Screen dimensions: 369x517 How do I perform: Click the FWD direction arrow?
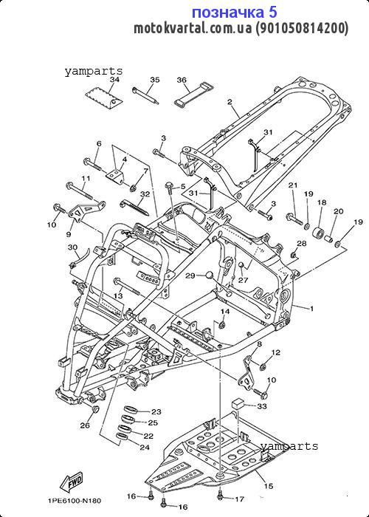click(71, 482)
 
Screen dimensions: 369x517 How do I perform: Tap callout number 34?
click(114, 80)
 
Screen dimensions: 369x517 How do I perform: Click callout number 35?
click(155, 80)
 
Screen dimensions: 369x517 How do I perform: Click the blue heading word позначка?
click(229, 13)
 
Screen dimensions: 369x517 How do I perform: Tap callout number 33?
click(262, 406)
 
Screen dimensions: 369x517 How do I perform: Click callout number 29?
click(190, 275)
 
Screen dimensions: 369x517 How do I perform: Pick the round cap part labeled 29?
click(210, 275)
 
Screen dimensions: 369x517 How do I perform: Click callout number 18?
click(322, 202)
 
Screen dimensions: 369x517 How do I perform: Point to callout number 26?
click(85, 425)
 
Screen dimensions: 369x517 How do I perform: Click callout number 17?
click(239, 500)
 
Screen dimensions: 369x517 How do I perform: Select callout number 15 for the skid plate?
click(269, 486)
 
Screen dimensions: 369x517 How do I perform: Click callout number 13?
click(118, 296)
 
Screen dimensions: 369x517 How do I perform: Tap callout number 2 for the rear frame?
click(230, 102)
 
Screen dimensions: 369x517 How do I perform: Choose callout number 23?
click(156, 411)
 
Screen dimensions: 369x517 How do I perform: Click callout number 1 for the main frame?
click(311, 309)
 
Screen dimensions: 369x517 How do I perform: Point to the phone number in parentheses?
click(302, 29)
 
